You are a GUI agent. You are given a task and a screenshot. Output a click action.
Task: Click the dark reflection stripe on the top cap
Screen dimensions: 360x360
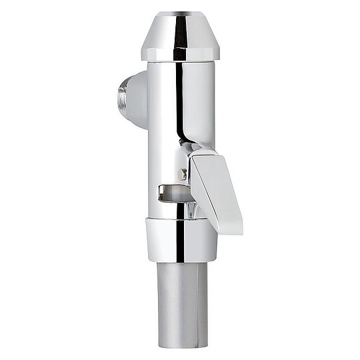[x=180, y=33]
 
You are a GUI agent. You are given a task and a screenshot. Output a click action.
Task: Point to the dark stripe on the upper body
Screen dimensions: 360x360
[x=179, y=100]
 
